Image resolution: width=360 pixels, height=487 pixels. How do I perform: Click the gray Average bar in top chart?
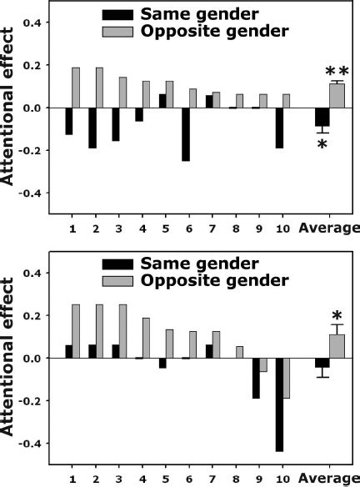tap(337, 96)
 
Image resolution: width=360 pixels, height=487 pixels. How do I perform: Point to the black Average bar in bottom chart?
tap(322, 363)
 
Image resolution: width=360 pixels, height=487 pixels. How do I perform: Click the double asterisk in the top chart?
tap(337, 73)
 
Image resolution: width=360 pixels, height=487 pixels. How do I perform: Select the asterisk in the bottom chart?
tap(337, 316)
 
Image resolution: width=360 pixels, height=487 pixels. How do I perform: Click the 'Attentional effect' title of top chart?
tap(11, 108)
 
